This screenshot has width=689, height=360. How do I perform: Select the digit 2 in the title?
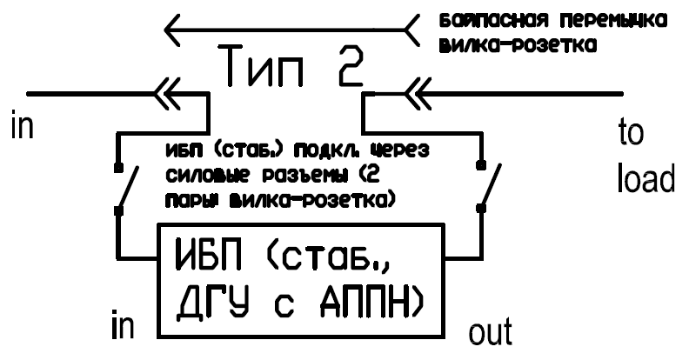point(351,66)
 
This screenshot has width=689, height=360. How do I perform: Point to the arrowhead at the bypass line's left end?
point(172,30)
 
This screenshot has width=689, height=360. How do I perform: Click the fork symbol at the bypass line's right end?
point(411,30)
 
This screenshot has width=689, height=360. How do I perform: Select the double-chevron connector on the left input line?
point(167,94)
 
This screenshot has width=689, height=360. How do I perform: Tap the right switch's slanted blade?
point(491,186)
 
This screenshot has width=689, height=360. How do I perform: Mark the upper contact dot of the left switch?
point(117,168)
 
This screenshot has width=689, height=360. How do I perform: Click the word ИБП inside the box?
point(208,255)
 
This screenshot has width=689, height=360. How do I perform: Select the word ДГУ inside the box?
point(211,302)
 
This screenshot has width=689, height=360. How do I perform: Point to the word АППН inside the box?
point(358,302)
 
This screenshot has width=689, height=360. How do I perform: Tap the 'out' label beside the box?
point(490,332)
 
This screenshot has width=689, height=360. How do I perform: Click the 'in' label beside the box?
point(123,325)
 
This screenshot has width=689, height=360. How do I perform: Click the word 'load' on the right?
point(646,178)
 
